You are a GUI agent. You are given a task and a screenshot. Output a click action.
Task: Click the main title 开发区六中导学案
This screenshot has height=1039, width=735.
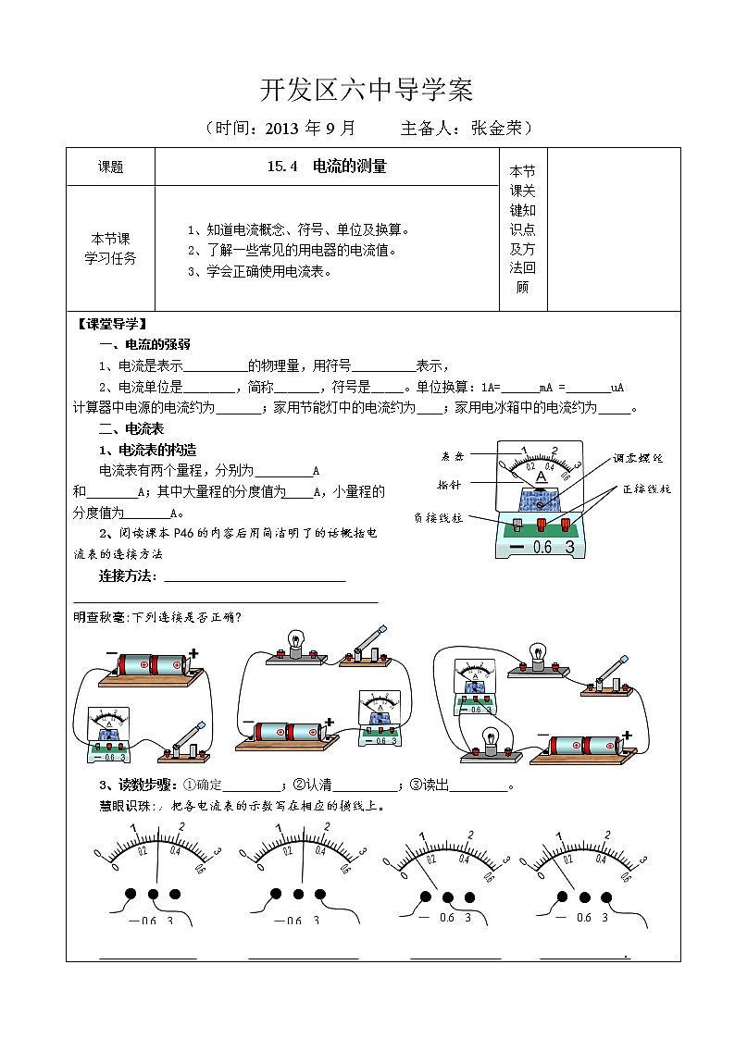click(367, 90)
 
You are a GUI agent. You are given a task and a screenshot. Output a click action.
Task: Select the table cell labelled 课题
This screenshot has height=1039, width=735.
click(110, 167)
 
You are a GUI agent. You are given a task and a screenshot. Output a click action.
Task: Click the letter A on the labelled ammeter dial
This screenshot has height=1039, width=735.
click(542, 476)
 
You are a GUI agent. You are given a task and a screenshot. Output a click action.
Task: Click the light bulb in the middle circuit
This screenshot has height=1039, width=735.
click(296, 644)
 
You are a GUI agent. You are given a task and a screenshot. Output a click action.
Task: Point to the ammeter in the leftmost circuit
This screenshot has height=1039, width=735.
click(108, 736)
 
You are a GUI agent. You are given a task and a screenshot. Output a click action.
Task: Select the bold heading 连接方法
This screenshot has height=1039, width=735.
click(128, 577)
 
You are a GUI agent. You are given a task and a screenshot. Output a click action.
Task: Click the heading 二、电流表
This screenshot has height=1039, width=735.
click(131, 429)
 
